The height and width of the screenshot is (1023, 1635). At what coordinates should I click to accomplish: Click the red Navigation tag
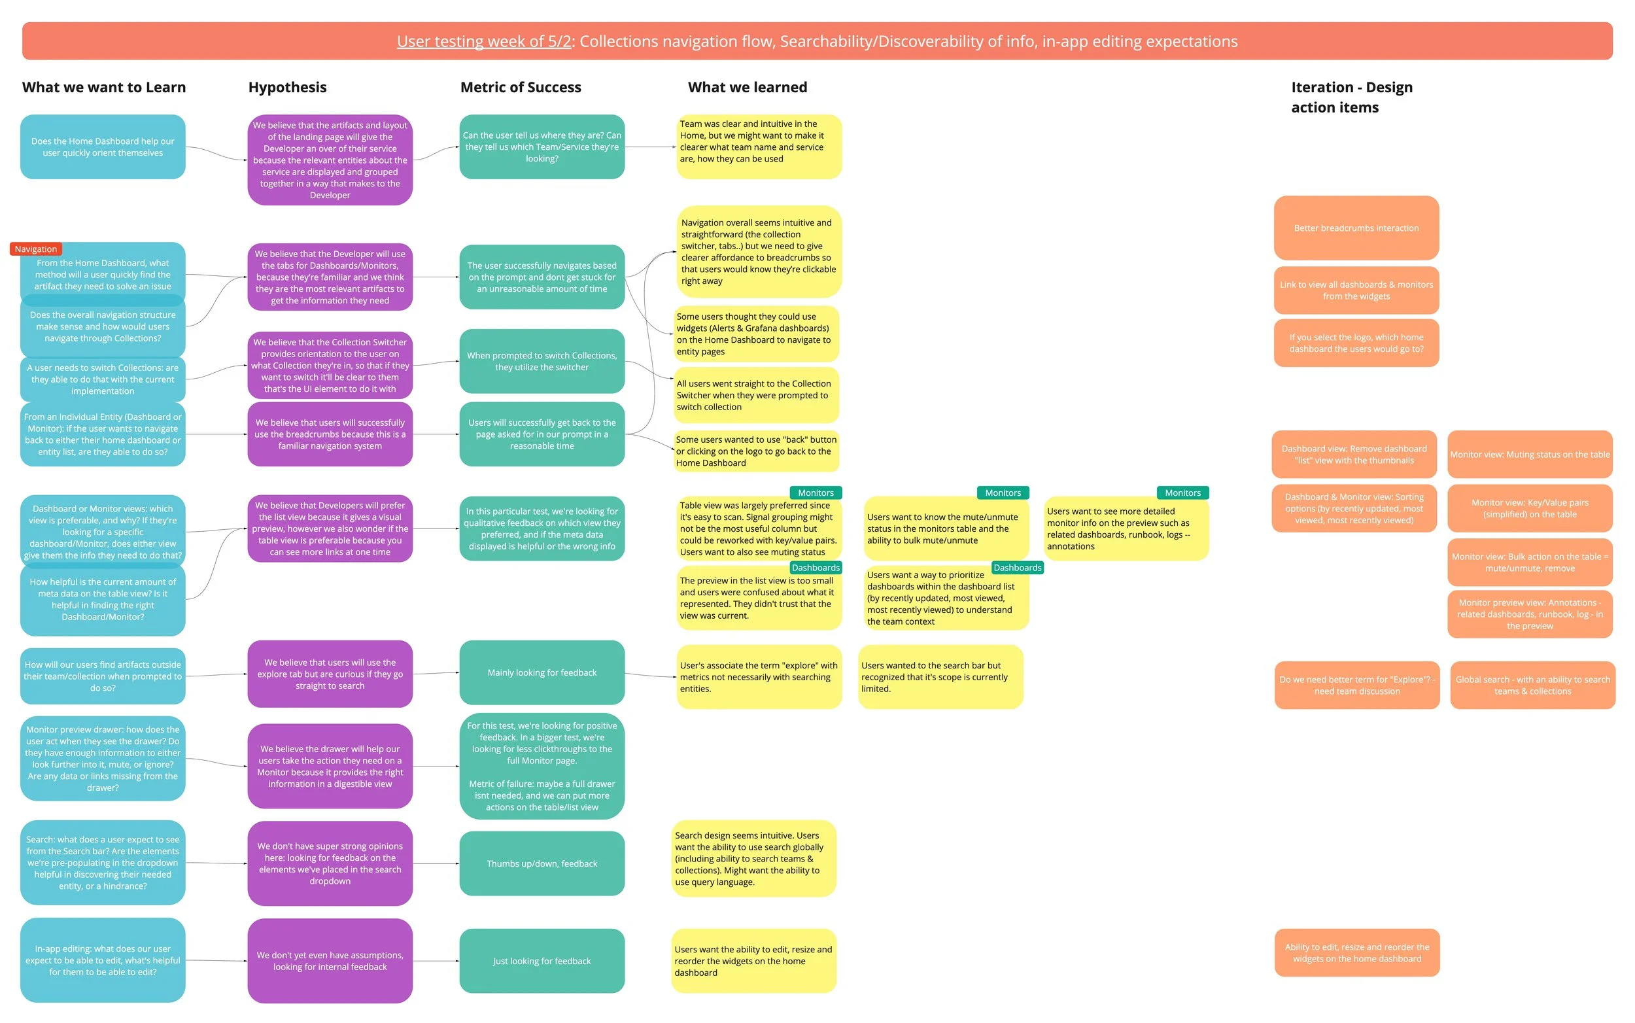coord(36,249)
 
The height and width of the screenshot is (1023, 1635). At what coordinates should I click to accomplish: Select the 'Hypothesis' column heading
coord(287,87)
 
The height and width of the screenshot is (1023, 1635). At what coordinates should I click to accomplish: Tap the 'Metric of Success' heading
coord(520,87)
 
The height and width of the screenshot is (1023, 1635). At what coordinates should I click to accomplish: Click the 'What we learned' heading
coord(747,87)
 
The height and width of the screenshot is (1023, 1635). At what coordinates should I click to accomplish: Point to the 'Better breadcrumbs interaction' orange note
coord(1356,228)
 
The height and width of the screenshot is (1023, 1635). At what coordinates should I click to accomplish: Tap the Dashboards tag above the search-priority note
coord(1017,568)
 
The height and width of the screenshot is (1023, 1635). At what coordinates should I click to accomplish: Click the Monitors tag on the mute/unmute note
coord(1002,493)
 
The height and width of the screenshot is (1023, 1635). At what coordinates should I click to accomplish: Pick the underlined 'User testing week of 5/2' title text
coord(484,41)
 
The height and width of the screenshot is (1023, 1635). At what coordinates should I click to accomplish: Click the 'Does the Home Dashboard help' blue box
coord(103,147)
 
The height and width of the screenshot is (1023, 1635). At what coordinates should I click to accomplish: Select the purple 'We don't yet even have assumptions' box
coord(330,961)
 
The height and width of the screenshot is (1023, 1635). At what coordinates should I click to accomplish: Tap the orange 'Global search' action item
coord(1532,685)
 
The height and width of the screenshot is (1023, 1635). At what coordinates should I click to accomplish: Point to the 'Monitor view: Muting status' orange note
coord(1530,455)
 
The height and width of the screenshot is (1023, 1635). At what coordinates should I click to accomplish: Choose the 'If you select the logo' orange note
coord(1356,343)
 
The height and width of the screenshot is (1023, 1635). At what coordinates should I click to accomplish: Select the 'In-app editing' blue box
coord(103,960)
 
